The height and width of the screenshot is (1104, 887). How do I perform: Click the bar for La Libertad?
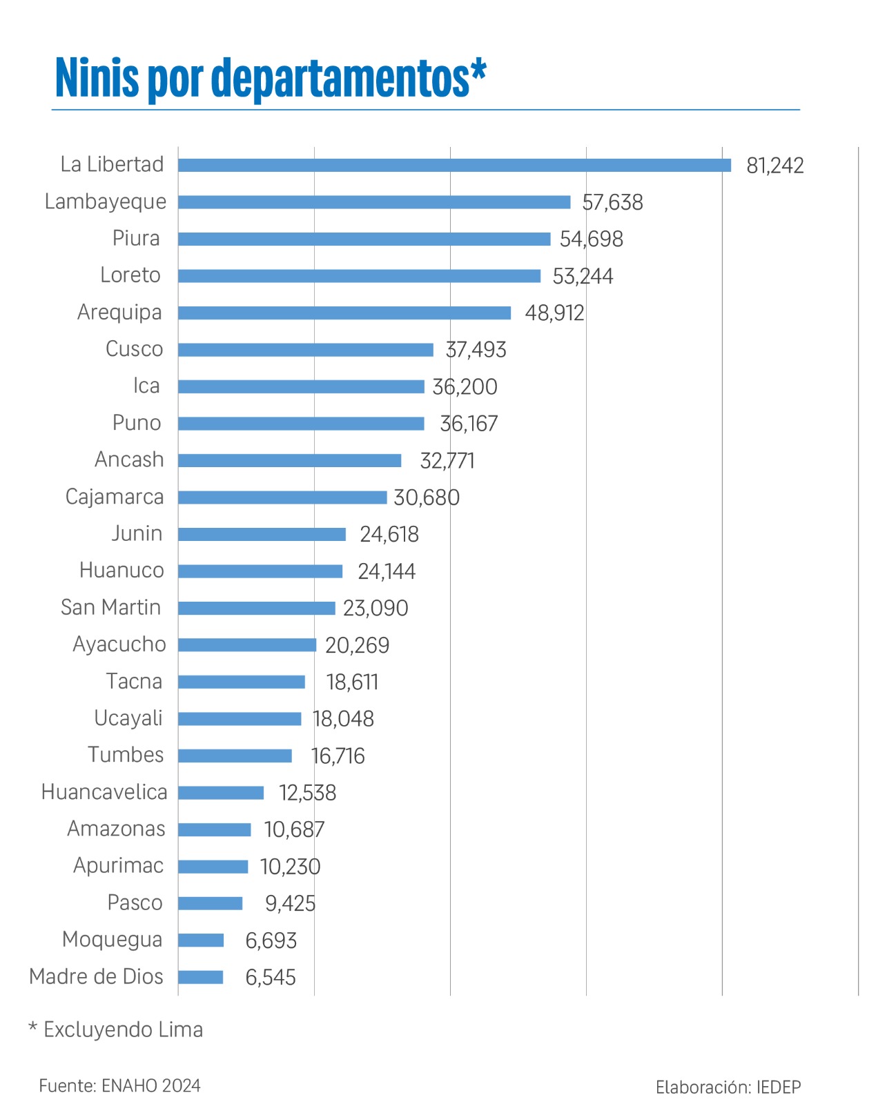point(454,165)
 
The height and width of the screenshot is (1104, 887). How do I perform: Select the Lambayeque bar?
point(374,202)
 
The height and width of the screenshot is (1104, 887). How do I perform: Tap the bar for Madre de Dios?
point(201,977)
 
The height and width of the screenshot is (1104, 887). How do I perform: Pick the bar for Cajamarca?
point(282,497)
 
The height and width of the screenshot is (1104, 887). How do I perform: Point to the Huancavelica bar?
point(221,793)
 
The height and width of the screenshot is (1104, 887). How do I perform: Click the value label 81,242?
point(774,166)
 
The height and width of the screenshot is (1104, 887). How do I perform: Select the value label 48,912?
point(554,313)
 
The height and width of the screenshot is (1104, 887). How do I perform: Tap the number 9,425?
point(290,903)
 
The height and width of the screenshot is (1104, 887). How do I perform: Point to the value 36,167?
point(469,424)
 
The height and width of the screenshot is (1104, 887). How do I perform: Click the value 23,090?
point(376,608)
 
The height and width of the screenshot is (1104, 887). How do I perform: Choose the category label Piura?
point(136,239)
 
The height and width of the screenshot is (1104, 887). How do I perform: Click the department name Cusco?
point(134,349)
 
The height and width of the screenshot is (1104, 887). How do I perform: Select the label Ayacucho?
point(119,645)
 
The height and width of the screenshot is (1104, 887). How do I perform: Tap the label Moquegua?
point(112,940)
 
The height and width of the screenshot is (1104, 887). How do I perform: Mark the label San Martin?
point(111,607)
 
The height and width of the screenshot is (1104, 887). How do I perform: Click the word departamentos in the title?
point(340,79)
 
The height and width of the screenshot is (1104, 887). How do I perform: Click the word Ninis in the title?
point(97,77)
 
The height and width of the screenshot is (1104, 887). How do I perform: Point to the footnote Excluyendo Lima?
point(123,1029)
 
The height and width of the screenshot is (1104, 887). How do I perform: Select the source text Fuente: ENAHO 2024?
point(119,1085)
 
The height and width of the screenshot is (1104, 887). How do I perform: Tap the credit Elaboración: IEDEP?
point(728,1087)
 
